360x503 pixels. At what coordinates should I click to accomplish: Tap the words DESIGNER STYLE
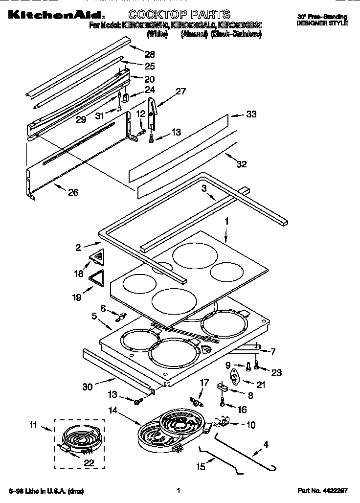pos(322,23)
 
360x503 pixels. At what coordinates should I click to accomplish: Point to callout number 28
pos(149,54)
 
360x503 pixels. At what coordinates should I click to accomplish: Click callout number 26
pos(73,192)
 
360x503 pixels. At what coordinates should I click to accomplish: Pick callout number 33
pos(251,114)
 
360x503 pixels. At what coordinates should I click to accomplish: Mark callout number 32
pos(241,164)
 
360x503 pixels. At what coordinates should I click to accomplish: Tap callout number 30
pos(88,387)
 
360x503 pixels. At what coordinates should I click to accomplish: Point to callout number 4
pos(266,445)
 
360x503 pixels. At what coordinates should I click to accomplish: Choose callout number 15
pos(201,467)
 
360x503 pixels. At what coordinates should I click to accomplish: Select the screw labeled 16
pos(223,403)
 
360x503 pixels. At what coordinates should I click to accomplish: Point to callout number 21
pos(261,386)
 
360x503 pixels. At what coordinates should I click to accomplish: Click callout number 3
pos(204,187)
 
